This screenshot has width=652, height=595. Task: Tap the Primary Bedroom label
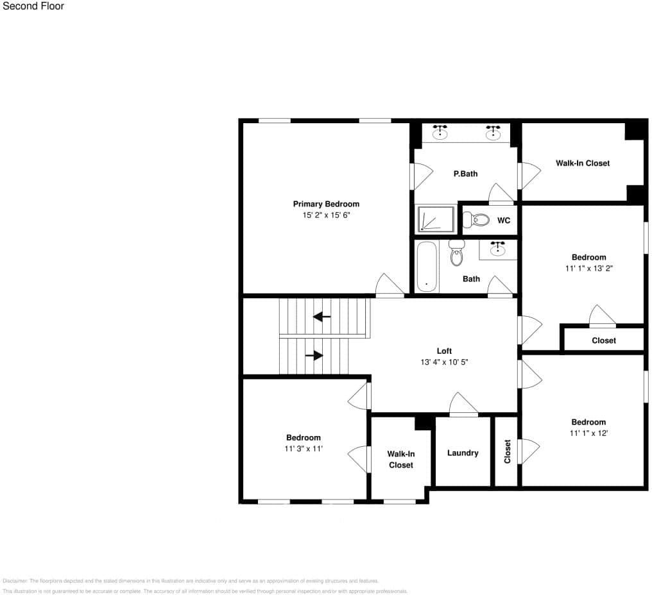326,204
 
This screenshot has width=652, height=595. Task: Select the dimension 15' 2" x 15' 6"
326,216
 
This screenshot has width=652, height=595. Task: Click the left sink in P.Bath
440,133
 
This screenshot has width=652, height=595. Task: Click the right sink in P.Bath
493,133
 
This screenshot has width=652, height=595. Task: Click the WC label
504,221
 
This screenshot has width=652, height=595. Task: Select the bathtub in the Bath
426,266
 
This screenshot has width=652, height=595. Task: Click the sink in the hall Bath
497,249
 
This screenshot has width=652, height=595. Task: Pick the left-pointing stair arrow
322,317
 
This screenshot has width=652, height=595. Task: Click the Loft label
444,351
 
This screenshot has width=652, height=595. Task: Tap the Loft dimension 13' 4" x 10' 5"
444,362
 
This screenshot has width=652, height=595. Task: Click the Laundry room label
463,453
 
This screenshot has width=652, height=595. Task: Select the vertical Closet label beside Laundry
508,451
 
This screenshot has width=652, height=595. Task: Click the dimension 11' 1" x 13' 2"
588,269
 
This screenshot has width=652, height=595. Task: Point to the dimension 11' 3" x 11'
304,449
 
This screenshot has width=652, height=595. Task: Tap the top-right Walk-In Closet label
583,163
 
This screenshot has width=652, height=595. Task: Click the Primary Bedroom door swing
390,286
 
